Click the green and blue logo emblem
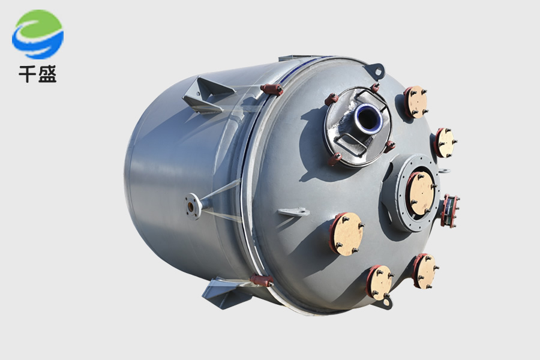(38, 34)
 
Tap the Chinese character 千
(28, 74)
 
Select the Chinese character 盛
(47, 74)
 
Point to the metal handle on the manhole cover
(350, 141)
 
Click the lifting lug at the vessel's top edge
(376, 70)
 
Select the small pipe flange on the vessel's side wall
(191, 206)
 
